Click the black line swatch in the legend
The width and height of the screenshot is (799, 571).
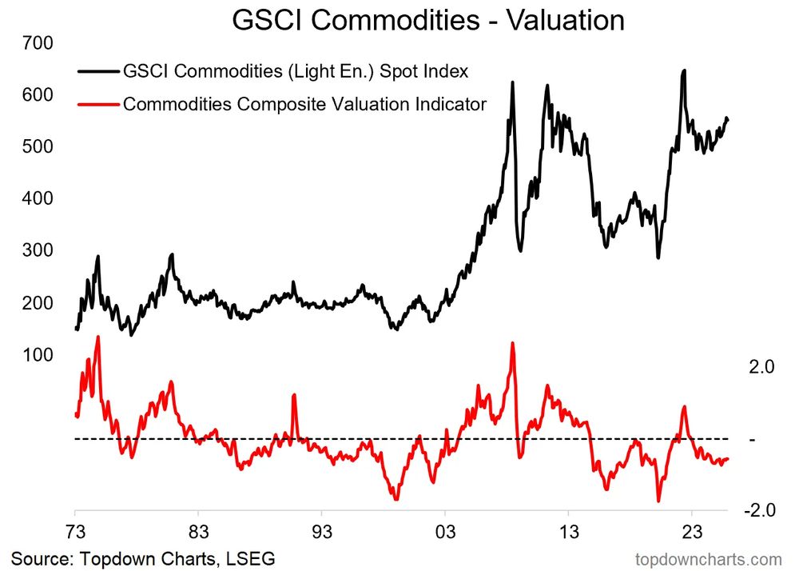click(97, 72)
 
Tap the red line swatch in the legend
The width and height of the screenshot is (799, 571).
click(97, 104)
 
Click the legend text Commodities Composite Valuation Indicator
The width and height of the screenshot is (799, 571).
click(304, 104)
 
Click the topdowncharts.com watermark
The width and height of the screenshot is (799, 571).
click(708, 557)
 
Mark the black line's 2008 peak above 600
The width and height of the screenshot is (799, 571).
click(512, 82)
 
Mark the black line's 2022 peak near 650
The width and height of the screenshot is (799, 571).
click(684, 71)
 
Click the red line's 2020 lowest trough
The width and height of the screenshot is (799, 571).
click(659, 501)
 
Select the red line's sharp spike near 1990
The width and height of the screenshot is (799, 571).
click(294, 395)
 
